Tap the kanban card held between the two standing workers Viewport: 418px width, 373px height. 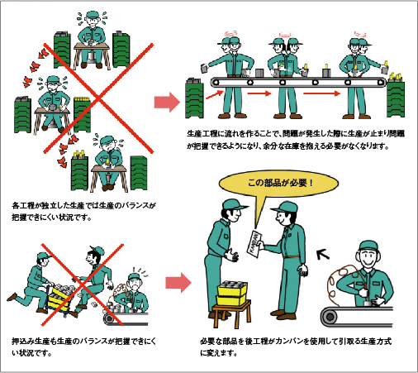click(x=258, y=240)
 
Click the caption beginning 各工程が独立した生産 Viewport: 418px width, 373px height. click(x=83, y=208)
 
